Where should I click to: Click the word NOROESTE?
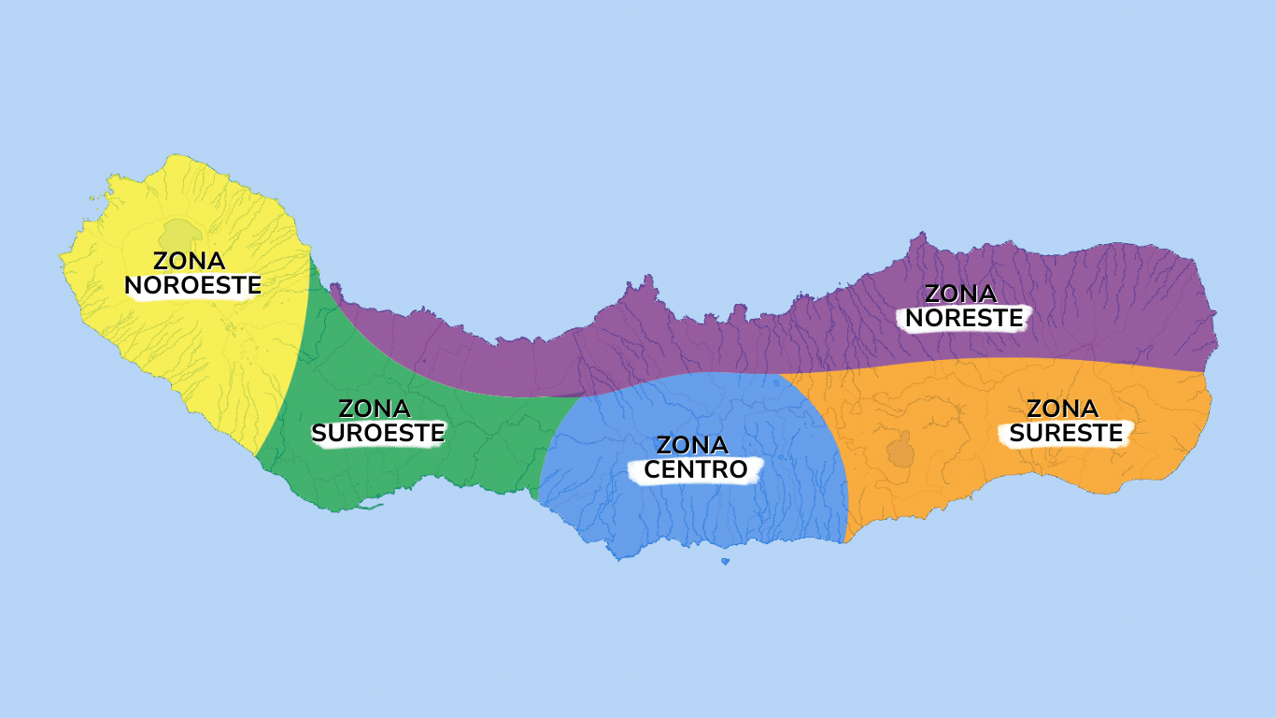pyautogui.click(x=192, y=285)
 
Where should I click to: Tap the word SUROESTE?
pyautogui.click(x=377, y=434)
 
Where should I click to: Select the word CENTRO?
pyautogui.click(x=696, y=469)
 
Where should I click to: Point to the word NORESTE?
pyautogui.click(x=964, y=319)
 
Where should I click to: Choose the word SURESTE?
pyautogui.click(x=1066, y=434)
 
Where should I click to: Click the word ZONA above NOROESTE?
pyautogui.click(x=189, y=261)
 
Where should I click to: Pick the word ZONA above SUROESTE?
pyautogui.click(x=374, y=409)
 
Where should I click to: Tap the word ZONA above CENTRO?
pyautogui.click(x=692, y=445)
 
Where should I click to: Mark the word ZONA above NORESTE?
pyautogui.click(x=960, y=294)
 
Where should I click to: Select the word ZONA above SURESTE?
pyautogui.click(x=1062, y=409)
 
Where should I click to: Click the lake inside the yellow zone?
pyautogui.click(x=178, y=232)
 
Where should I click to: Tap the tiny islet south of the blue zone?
pyautogui.click(x=725, y=561)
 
